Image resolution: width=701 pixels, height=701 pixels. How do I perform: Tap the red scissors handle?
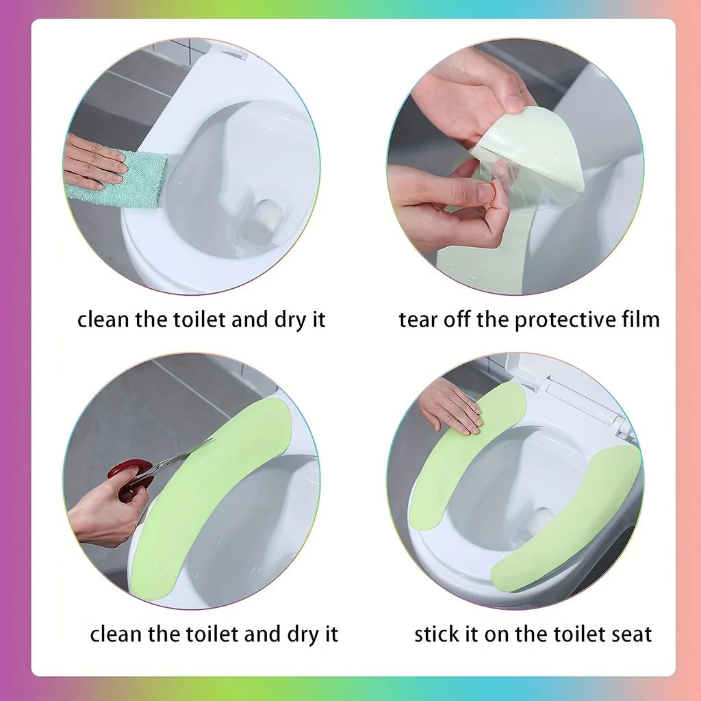[130, 477]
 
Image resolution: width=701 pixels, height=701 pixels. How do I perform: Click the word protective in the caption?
[557, 320]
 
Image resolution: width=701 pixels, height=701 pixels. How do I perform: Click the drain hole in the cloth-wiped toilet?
[264, 216]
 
